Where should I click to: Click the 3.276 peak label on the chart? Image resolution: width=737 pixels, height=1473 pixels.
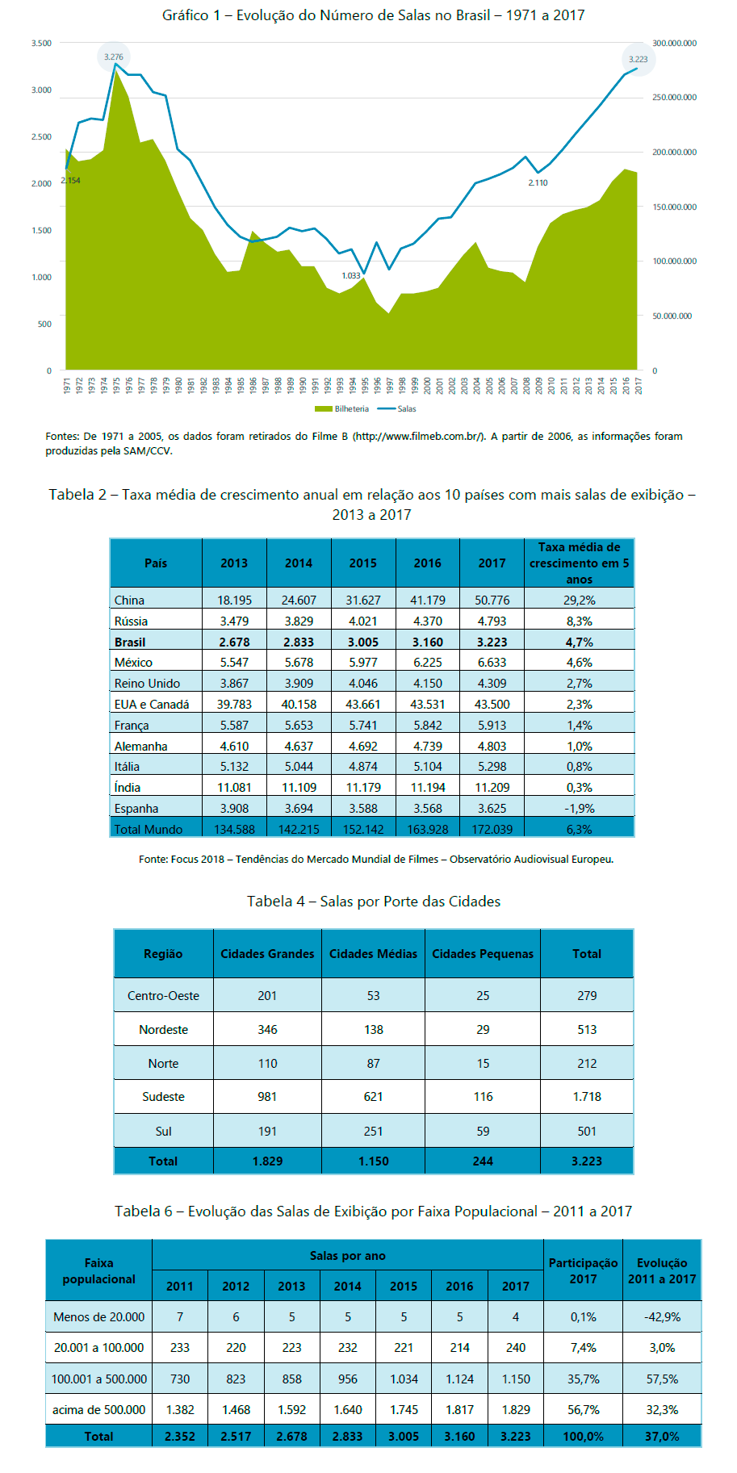pyautogui.click(x=114, y=56)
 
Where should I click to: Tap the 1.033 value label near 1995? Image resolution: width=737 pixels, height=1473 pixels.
pyautogui.click(x=351, y=276)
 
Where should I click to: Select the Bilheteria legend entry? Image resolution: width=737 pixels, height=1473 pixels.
pyautogui.click(x=341, y=409)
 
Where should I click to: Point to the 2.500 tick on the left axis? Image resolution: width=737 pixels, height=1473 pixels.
pyautogui.click(x=41, y=137)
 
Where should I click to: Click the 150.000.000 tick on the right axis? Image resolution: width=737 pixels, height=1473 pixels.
pyautogui.click(x=674, y=207)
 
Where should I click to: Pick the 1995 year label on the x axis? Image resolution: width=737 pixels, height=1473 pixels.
pyautogui.click(x=364, y=385)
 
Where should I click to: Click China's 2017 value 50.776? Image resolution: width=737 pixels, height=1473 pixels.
pyautogui.click(x=492, y=600)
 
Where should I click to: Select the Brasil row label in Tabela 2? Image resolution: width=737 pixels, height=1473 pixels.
pyautogui.click(x=130, y=642)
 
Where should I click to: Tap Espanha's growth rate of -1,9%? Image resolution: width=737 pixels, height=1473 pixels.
pyautogui.click(x=580, y=809)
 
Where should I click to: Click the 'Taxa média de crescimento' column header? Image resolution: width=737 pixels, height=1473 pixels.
pyautogui.click(x=580, y=563)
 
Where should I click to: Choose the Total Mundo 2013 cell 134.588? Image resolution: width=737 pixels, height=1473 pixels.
pyautogui.click(x=234, y=830)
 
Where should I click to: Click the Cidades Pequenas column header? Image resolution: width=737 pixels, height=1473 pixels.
pyautogui.click(x=483, y=954)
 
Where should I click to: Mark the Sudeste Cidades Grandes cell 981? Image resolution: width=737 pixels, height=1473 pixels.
pyautogui.click(x=267, y=1097)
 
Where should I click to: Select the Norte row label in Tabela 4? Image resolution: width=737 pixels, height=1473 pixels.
pyautogui.click(x=163, y=1064)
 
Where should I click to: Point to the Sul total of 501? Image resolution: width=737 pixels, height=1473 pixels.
pyautogui.click(x=587, y=1132)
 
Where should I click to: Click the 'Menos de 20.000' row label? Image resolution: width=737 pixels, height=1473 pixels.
pyautogui.click(x=98, y=1317)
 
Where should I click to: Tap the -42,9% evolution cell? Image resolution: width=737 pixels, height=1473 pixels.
pyautogui.click(x=662, y=1317)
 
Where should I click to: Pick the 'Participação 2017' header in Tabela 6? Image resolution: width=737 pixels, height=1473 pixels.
pyautogui.click(x=583, y=1271)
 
